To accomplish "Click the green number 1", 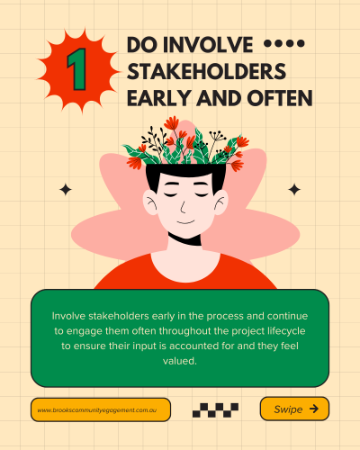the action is (77, 69).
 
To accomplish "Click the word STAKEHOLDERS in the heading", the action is (206, 72).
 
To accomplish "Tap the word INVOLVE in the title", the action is (208, 45).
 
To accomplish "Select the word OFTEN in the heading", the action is (280, 98).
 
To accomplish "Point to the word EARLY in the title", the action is (159, 98).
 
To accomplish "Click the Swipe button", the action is (294, 409).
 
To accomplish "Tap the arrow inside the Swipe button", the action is (314, 409).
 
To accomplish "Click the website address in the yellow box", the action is (97, 410).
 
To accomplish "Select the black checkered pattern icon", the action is (215, 410).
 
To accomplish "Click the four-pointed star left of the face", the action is (66, 190).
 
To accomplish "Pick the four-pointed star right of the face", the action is (294, 190).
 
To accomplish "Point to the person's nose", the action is (183, 208).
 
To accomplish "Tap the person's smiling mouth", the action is (185, 222).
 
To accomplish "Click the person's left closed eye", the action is (171, 194).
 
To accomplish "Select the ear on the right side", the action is (221, 202).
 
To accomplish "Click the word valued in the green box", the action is (180, 361).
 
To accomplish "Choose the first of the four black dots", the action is (267, 44).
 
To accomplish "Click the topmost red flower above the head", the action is (171, 122).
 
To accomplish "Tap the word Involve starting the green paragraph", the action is (68, 316).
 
